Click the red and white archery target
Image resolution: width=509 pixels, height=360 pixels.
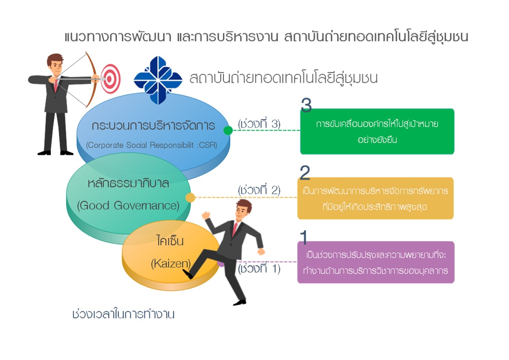(x=111, y=79)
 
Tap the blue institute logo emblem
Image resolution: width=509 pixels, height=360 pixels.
(x=158, y=80)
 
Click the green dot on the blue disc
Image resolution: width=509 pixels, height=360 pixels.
(x=228, y=130)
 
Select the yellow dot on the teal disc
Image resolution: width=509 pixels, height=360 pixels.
(x=190, y=197)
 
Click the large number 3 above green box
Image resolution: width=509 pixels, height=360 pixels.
(x=306, y=105)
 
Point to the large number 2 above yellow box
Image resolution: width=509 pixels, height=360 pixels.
(x=304, y=172)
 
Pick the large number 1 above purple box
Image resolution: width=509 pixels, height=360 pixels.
(x=303, y=237)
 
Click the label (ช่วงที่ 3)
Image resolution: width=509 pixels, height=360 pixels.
(x=259, y=124)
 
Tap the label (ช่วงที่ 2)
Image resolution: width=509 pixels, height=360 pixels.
(x=259, y=190)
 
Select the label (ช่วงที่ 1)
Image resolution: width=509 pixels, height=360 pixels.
(x=259, y=269)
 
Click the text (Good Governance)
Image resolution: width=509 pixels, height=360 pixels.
(x=128, y=206)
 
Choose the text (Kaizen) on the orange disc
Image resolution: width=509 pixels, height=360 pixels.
(x=171, y=263)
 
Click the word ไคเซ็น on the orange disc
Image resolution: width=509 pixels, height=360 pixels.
(x=170, y=241)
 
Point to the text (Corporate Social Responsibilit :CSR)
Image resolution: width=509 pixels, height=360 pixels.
(x=152, y=145)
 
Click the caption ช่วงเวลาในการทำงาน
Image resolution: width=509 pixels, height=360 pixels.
(x=123, y=314)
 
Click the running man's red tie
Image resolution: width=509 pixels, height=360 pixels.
(x=235, y=228)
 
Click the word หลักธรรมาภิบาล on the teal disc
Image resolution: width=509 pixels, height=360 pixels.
(x=128, y=183)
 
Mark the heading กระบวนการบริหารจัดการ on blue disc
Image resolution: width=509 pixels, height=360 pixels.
(x=153, y=125)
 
